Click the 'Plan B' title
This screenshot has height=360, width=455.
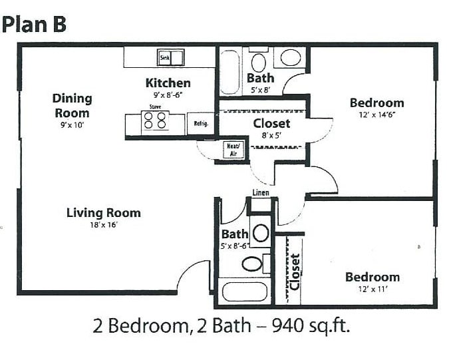(34, 25)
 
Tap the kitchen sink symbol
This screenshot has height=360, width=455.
(170, 57)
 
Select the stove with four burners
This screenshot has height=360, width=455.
(155, 120)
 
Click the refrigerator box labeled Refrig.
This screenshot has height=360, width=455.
(201, 124)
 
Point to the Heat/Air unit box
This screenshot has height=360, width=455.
(233, 150)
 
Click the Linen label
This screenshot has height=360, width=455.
(261, 192)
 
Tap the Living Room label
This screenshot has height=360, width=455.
(104, 213)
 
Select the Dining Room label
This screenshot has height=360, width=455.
(73, 105)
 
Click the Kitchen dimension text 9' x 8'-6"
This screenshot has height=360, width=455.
(168, 95)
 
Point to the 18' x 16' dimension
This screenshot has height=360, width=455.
(103, 225)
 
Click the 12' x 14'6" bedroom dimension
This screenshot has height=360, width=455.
(377, 114)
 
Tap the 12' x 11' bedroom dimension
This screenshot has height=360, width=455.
(373, 289)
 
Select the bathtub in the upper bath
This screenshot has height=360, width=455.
(229, 73)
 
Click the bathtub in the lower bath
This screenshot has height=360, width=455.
(245, 291)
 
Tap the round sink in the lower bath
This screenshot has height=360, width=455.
(261, 232)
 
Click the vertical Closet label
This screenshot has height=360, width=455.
(295, 271)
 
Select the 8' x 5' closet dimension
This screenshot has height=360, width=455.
(271, 135)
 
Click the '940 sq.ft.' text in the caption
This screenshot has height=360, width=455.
(311, 326)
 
